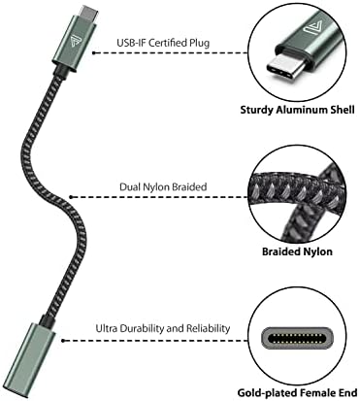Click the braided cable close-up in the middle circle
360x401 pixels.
[x=301, y=194]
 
